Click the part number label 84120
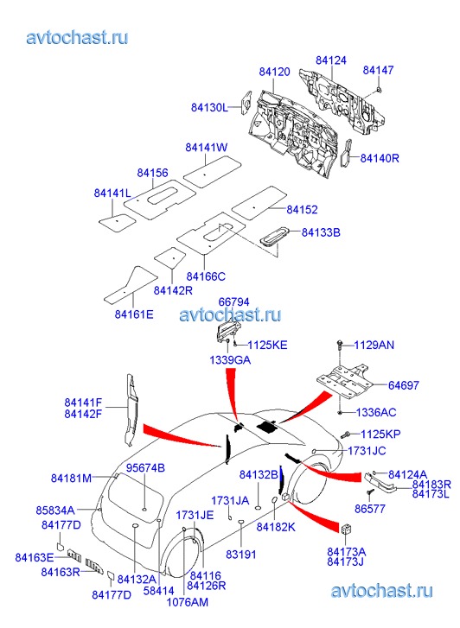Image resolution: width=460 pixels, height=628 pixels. point(274,72)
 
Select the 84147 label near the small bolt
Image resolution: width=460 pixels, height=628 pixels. point(378,70)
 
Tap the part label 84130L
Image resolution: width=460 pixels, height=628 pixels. point(209,108)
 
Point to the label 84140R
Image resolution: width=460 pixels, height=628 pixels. point(380,158)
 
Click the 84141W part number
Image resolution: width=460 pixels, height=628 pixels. point(206,148)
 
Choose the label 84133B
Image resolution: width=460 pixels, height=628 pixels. point(321,232)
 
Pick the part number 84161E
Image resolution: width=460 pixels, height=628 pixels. point(134,314)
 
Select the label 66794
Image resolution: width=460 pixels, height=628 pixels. point(233,302)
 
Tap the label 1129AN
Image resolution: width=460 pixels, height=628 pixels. point(374,346)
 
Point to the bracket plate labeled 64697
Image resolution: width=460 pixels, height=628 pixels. point(345,380)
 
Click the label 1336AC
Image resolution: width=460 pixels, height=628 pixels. point(376,413)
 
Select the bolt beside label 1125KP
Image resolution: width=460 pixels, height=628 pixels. point(346,435)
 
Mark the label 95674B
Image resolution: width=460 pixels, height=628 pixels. point(145,468)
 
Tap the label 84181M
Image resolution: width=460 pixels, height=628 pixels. point(72,479)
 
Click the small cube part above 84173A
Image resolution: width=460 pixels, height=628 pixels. point(347,529)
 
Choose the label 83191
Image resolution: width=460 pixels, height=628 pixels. point(240,555)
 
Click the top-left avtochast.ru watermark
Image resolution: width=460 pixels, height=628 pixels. point(78,38)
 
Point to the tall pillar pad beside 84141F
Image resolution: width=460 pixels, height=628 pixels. point(131,409)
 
